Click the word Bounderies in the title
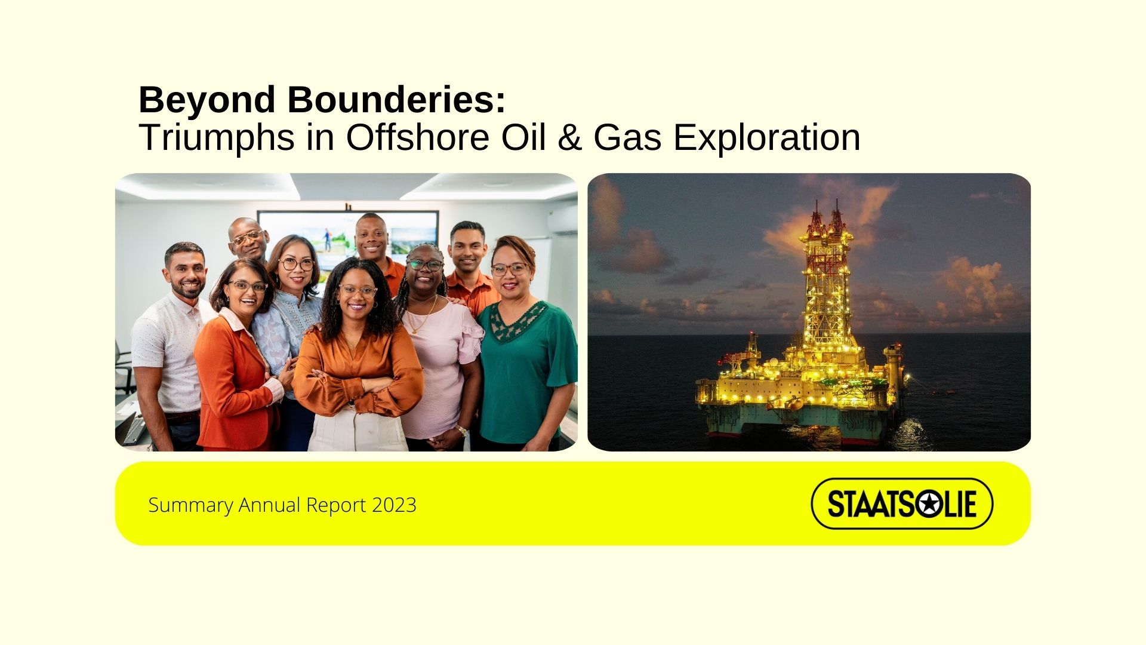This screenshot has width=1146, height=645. [396, 99]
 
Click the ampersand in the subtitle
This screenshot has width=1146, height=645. [571, 137]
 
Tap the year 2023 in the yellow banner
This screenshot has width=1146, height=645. [394, 505]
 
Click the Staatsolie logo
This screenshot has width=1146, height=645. [902, 503]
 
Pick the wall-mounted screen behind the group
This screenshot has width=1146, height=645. [347, 236]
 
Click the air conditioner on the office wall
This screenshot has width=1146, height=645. [562, 220]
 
